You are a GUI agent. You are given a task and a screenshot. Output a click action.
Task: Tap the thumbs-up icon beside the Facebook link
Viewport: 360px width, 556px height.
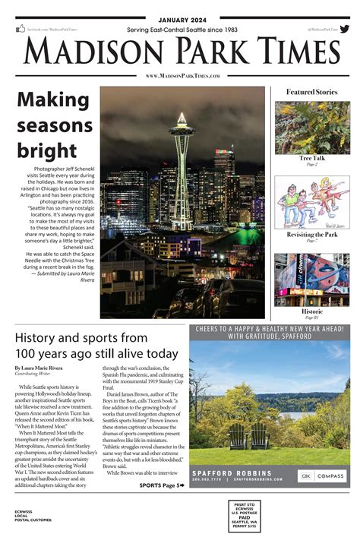point(21,29)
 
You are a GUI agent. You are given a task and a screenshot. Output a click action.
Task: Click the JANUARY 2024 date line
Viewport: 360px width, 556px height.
point(179,20)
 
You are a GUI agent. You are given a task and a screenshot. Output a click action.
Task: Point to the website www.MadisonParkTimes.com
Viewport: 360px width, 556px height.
point(182,76)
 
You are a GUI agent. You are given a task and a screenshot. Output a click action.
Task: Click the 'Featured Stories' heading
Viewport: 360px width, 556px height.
point(311,92)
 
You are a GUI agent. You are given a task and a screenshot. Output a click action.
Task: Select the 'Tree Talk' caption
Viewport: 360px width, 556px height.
point(312,159)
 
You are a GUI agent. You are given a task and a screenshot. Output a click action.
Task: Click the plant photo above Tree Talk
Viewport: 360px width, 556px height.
point(312,128)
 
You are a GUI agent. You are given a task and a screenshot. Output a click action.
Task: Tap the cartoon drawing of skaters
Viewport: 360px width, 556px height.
point(312,202)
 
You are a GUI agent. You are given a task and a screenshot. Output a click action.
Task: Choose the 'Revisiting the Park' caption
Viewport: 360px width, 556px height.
point(312,235)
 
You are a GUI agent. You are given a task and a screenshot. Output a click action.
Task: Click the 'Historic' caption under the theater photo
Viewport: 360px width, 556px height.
point(312,311)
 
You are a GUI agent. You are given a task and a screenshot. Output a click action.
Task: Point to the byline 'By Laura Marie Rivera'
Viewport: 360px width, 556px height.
point(48,368)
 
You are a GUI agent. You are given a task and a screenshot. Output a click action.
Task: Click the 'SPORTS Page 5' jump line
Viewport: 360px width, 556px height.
point(161,485)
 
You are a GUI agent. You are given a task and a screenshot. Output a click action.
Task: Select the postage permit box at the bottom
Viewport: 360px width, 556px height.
point(244,517)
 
